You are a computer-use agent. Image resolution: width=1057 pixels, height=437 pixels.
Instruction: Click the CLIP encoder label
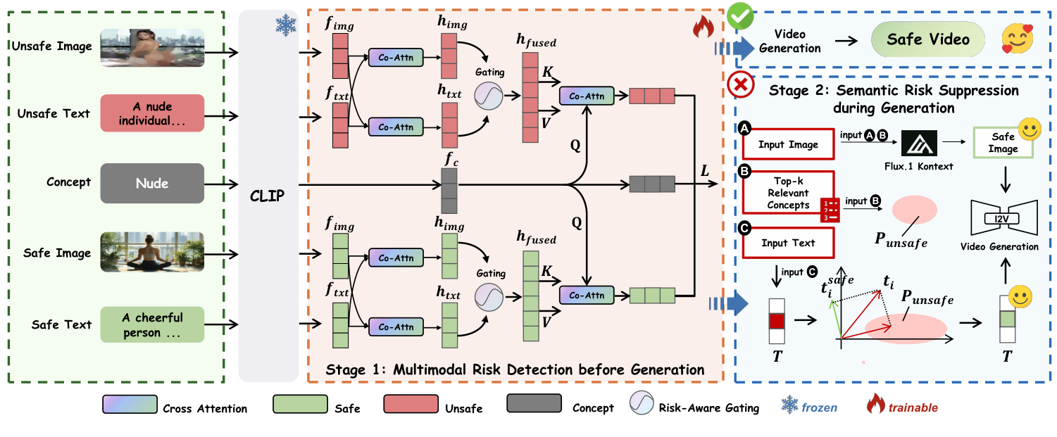pos(268,196)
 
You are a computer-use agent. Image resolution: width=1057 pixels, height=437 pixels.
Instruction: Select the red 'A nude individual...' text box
pos(152,113)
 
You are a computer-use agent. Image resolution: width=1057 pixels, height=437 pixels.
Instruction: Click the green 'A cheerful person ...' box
pos(152,324)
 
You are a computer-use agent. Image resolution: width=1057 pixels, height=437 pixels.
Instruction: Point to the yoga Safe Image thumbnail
pos(152,251)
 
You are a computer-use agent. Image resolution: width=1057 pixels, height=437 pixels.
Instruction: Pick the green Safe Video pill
pos(927,40)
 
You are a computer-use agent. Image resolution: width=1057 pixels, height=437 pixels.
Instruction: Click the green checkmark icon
pos(741,15)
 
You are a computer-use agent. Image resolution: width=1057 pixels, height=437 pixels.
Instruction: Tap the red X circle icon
pos(741,86)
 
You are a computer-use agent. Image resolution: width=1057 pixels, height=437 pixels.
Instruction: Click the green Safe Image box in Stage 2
pos(1003,144)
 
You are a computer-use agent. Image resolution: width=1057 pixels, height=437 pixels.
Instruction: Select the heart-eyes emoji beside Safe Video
pos(1017,39)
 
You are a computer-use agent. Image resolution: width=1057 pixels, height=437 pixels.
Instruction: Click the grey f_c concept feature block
pos(449,196)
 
